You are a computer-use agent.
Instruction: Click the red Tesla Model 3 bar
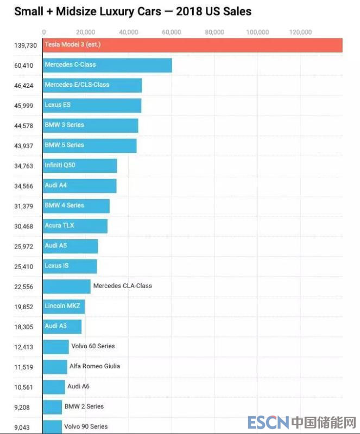(x=192, y=44)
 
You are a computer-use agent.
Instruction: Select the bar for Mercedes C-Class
(x=108, y=65)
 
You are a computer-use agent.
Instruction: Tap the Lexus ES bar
(x=92, y=105)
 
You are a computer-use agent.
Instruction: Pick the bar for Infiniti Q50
(x=80, y=165)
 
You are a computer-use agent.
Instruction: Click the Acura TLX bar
(x=75, y=226)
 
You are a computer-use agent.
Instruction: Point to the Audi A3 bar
(x=62, y=327)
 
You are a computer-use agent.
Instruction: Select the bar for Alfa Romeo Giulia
(x=55, y=367)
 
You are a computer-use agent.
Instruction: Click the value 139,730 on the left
(x=26, y=45)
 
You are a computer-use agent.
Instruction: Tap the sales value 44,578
(x=26, y=126)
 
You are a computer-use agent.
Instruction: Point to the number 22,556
(x=26, y=287)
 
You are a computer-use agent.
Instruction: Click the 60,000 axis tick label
(x=172, y=32)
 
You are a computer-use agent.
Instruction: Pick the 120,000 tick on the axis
(x=300, y=32)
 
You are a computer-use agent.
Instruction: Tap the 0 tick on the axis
(x=43, y=32)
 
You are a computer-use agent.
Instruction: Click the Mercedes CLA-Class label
(x=123, y=286)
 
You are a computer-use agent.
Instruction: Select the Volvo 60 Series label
(x=93, y=346)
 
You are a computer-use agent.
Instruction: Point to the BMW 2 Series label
(x=84, y=406)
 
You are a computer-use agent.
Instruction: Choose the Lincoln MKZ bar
(x=64, y=307)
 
